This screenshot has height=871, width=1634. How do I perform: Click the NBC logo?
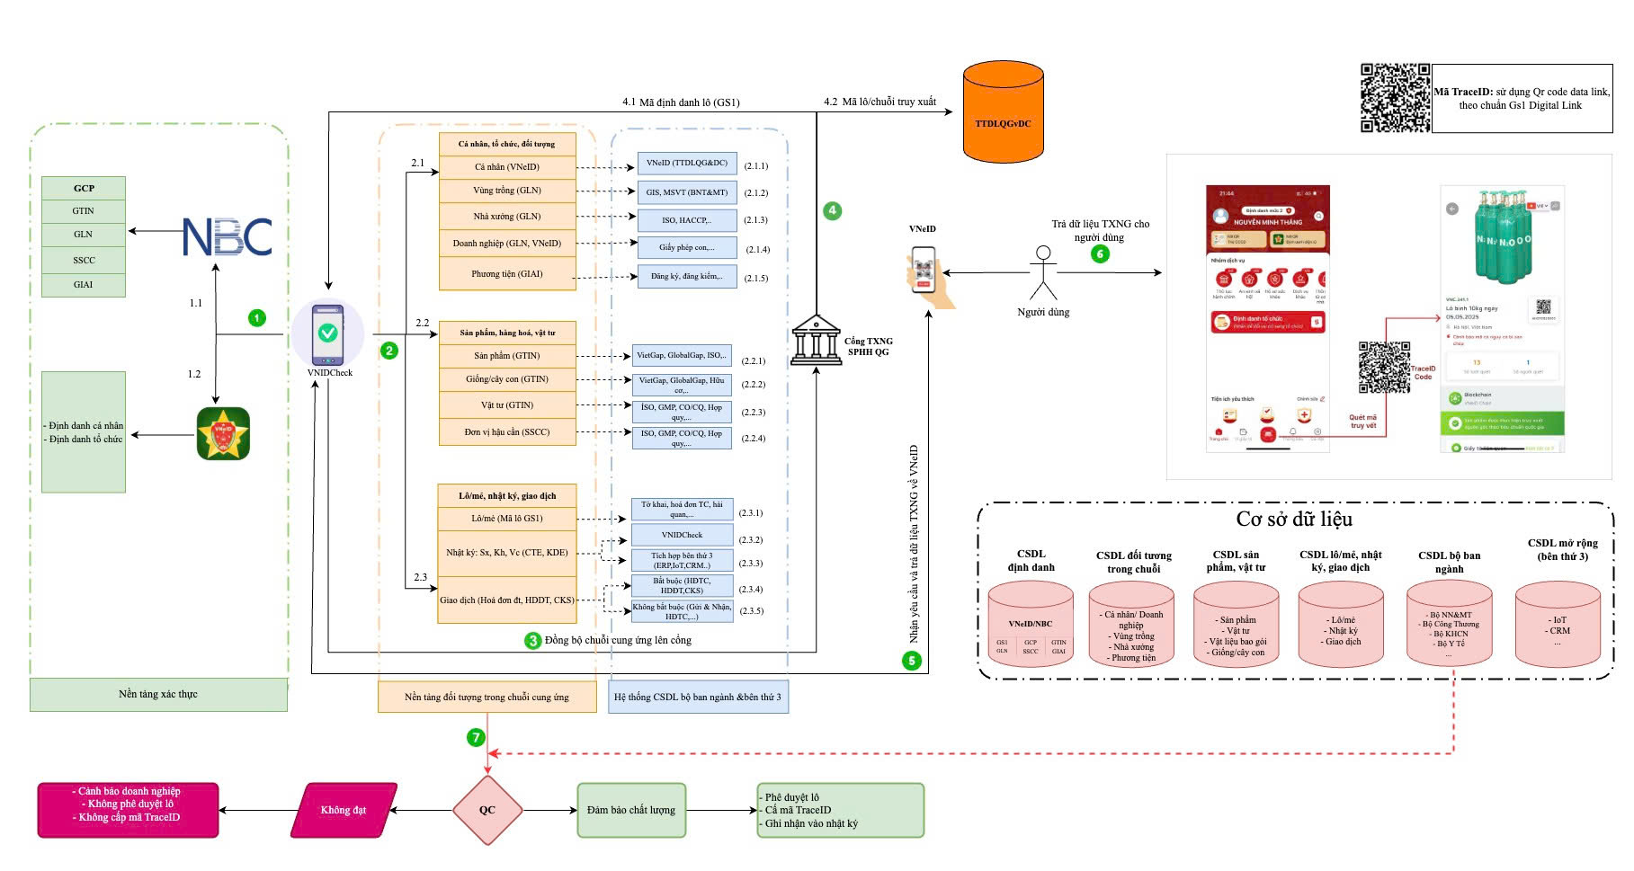pos(228,237)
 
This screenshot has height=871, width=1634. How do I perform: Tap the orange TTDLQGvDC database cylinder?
pos(1003,114)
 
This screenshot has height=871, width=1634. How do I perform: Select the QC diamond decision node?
pos(487,810)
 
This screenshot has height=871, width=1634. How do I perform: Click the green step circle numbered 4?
pos(832,210)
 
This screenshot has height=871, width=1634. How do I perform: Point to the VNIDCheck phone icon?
pos(328,333)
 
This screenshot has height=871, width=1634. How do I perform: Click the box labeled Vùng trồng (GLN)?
pos(507,191)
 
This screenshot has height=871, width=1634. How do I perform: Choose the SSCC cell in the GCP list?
pos(84,260)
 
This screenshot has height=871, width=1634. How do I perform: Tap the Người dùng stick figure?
pos(1043,273)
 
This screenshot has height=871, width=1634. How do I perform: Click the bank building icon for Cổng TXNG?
pos(817,341)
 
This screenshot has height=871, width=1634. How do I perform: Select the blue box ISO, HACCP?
pos(686,219)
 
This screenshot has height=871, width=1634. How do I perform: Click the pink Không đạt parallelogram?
pos(344,810)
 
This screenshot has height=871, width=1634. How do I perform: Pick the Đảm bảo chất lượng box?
pos(631,810)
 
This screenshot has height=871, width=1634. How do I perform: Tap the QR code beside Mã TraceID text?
pos(1395,98)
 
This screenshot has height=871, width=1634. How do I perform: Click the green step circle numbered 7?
pos(476,737)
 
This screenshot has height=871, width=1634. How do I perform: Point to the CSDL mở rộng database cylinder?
pos(1558,623)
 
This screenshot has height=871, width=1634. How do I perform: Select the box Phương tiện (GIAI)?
pos(507,274)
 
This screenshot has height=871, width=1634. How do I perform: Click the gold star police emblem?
pos(223,434)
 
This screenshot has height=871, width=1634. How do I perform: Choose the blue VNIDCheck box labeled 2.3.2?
pos(682,536)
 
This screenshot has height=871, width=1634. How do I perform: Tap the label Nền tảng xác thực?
pos(158,694)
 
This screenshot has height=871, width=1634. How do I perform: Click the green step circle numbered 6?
pos(1100,253)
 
